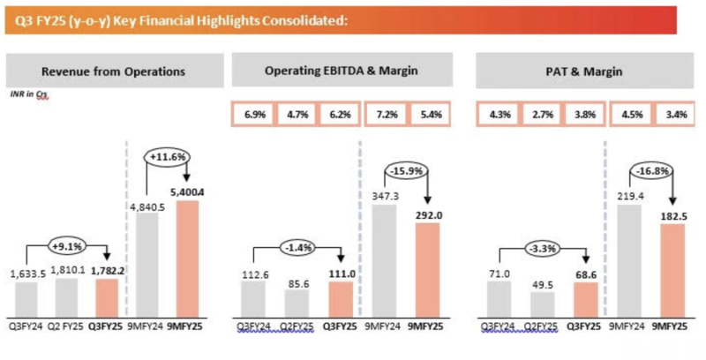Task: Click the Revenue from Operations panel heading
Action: [114, 70]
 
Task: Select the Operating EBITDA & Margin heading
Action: [342, 70]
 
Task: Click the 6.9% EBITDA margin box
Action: [251, 115]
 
